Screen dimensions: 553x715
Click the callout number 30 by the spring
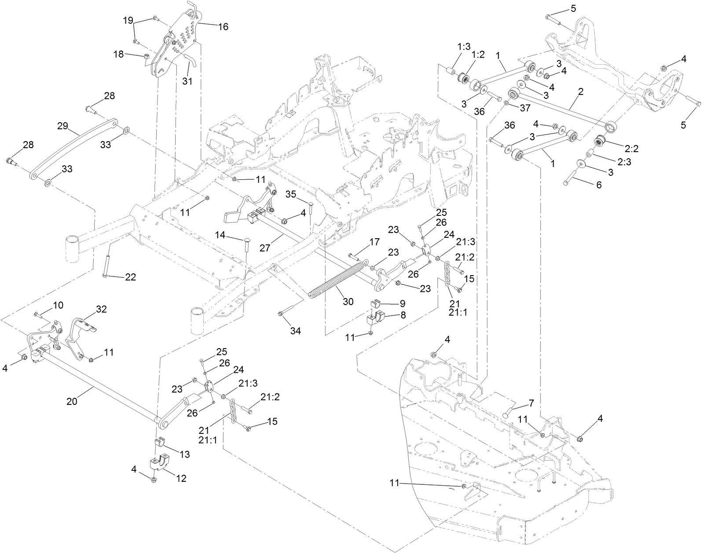pos(348,302)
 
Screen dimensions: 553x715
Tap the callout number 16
pos(223,27)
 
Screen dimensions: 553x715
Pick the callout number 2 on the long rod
pos(581,92)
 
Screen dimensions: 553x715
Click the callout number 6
pos(599,185)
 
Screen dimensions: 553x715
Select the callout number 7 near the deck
pos(531,403)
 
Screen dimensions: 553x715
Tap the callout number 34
pos(295,331)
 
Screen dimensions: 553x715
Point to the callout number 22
pos(130,277)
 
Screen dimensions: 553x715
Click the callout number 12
pos(181,478)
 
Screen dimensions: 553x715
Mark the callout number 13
pos(185,454)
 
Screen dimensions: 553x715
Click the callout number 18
pos(119,54)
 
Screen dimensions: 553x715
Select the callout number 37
pos(525,107)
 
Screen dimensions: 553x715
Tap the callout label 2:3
pos(624,161)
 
